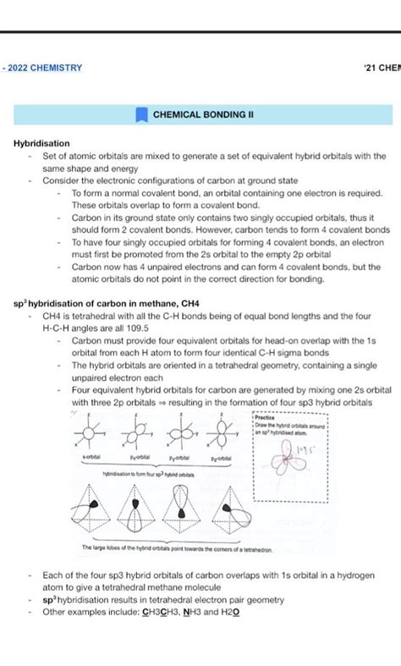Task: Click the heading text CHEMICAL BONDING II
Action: pos(203,113)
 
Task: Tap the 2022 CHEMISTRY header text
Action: pos(43,67)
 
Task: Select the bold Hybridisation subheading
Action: pos(41,144)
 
